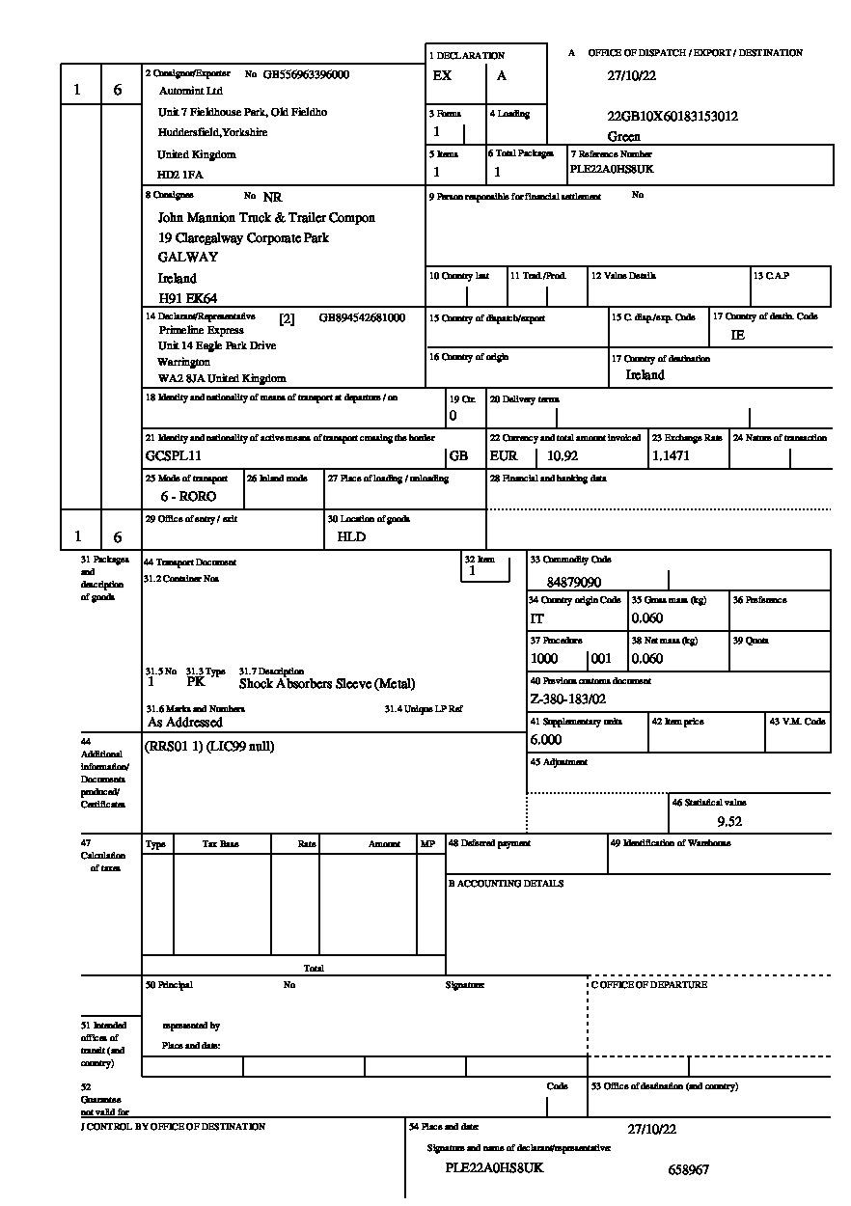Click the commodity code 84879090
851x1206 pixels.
(x=573, y=583)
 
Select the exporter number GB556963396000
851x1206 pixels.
(x=306, y=74)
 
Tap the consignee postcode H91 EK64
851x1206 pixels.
(x=187, y=298)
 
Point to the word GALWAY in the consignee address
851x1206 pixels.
(x=188, y=257)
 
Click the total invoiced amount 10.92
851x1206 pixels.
(x=563, y=455)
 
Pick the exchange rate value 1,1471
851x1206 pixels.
(x=671, y=455)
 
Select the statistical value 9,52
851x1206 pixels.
(x=729, y=822)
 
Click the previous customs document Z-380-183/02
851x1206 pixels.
(x=568, y=699)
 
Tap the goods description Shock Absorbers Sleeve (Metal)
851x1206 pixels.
(x=327, y=683)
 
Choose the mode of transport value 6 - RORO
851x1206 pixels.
(x=188, y=496)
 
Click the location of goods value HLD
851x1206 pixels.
(x=351, y=536)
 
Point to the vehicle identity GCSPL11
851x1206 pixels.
(x=174, y=455)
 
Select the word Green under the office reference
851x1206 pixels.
(x=624, y=137)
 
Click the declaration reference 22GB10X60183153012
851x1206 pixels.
(x=673, y=117)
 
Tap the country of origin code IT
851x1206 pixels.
(x=537, y=618)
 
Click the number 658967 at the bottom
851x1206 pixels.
(x=688, y=1169)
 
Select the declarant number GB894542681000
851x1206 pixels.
(x=362, y=317)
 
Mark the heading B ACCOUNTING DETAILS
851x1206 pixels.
(x=506, y=883)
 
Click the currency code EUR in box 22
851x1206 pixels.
(x=504, y=455)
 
